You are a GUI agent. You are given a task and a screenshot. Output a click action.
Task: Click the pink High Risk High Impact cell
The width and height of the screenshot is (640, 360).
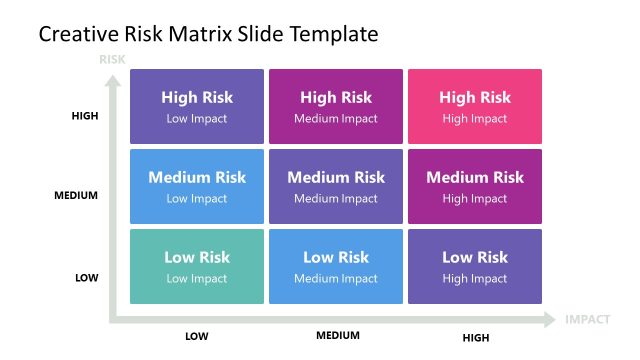pos(475,106)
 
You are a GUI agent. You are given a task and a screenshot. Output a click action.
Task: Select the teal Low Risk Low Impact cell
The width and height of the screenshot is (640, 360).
pos(197,266)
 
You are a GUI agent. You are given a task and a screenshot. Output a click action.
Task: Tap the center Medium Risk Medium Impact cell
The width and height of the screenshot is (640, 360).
pos(336,186)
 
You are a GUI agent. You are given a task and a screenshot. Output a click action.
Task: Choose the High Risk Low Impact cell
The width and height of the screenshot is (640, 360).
pos(197,106)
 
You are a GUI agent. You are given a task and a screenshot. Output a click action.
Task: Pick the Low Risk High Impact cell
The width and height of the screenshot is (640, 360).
pos(475,266)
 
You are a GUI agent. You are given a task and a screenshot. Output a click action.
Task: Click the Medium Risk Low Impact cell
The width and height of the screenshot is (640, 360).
pos(197,186)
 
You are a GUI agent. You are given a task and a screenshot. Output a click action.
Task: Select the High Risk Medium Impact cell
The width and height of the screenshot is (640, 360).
pos(336,106)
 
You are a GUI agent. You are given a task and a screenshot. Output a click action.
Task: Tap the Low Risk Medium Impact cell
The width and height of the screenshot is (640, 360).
pos(336,266)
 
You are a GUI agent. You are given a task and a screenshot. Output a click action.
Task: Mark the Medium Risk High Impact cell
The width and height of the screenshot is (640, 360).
pos(475,186)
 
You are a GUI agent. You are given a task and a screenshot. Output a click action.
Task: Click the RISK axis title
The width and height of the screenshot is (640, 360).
pos(112,59)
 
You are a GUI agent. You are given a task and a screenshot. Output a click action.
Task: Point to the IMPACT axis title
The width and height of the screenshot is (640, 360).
pos(587,320)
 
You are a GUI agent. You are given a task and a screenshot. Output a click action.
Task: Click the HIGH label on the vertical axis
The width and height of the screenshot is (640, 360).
pos(85,116)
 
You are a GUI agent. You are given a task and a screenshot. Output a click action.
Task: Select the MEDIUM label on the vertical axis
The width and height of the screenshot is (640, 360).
pos(76,196)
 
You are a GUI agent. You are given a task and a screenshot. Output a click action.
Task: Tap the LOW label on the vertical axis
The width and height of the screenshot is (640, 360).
pos(87,277)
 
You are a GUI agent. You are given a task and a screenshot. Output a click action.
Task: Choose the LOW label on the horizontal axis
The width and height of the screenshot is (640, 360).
pos(197,336)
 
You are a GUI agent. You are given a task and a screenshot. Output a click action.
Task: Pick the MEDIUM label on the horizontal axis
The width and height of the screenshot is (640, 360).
pos(338,335)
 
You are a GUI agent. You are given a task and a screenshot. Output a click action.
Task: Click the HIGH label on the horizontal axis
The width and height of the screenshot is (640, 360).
pos(475,336)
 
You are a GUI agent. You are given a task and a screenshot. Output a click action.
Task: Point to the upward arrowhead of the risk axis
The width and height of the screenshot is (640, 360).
pos(112,75)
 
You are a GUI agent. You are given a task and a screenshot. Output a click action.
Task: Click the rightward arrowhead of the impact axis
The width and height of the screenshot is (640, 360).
pos(549,320)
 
